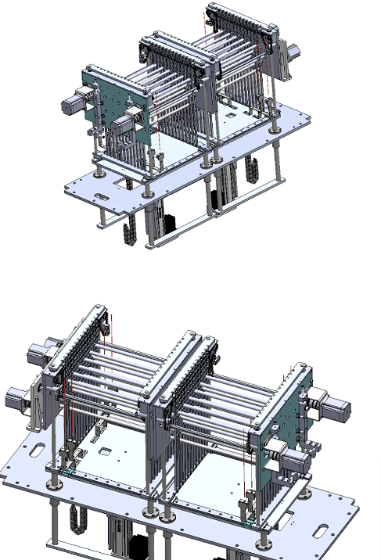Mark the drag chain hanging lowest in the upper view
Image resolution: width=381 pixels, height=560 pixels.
(x=129, y=235)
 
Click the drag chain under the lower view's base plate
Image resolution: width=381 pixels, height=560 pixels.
(x=77, y=524)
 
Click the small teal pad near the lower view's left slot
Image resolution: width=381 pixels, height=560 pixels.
(x=69, y=470)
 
